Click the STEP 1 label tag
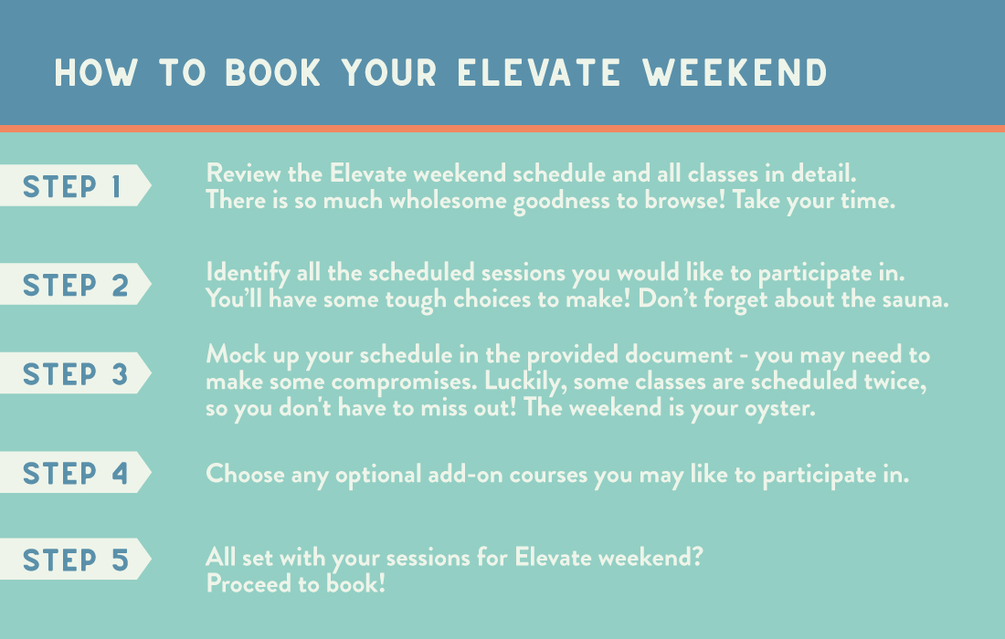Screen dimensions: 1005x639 [75, 185]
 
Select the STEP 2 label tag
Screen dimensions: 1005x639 [75, 284]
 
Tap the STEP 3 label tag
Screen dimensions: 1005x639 [75, 373]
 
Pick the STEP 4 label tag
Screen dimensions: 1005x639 [75, 473]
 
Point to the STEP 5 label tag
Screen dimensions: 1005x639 [75, 559]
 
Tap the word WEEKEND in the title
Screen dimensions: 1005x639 [735, 72]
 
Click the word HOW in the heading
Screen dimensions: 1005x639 [96, 72]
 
